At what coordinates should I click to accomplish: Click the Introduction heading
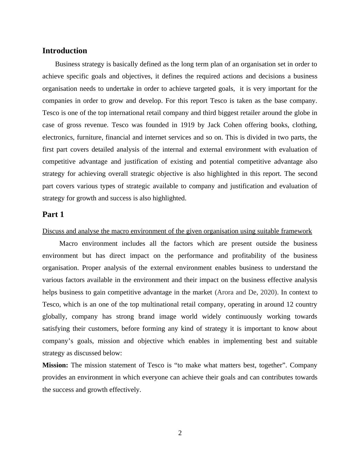pos(64,51)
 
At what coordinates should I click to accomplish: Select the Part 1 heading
pos(53,215)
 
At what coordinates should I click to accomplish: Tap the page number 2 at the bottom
pos(180,433)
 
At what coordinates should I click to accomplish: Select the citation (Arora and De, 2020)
pos(246,292)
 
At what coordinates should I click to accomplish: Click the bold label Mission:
pos(55,365)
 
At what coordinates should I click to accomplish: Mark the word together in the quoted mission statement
pos(272,365)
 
